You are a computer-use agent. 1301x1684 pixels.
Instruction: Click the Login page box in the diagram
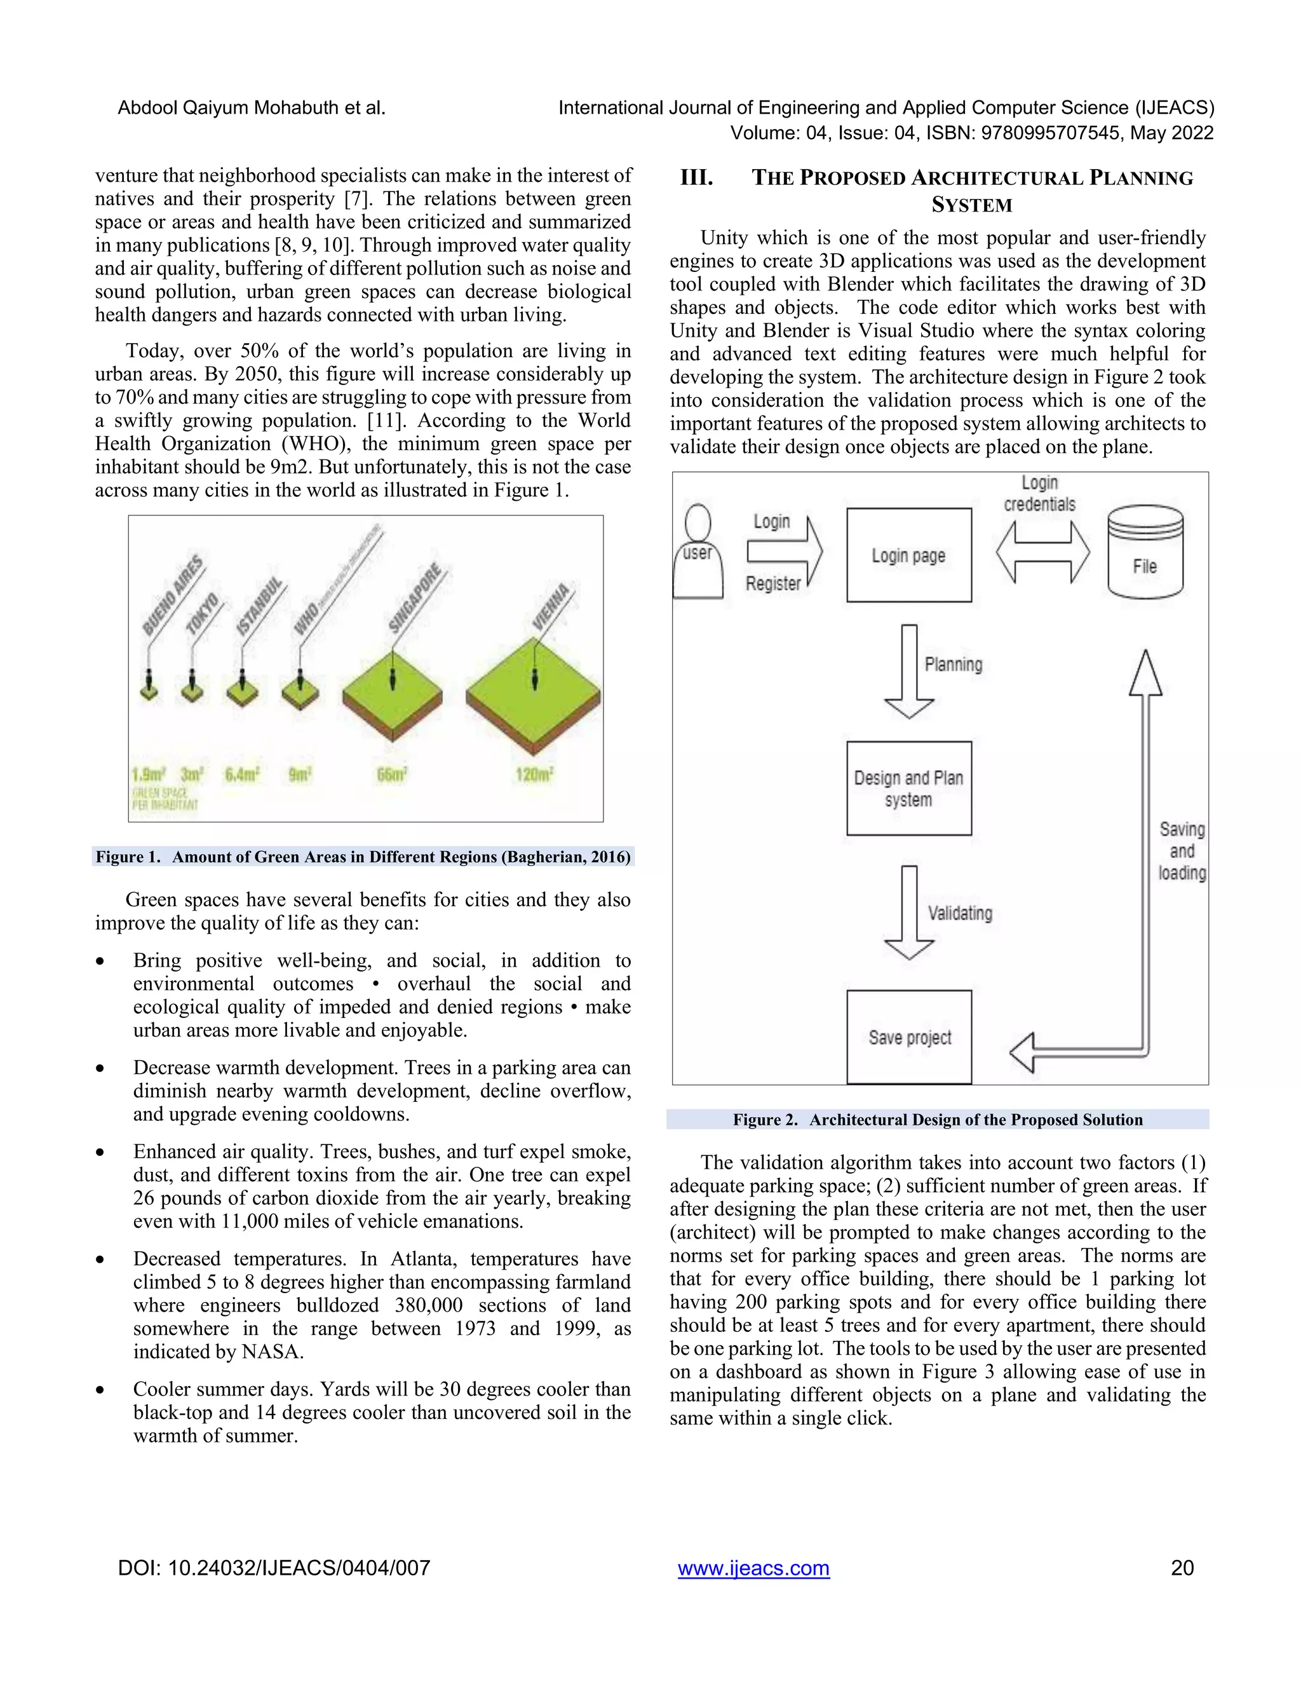(x=908, y=555)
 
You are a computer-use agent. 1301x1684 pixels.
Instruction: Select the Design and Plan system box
(x=908, y=788)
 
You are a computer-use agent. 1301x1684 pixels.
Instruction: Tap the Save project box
(x=908, y=1037)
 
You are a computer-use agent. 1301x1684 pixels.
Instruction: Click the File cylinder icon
(x=1145, y=553)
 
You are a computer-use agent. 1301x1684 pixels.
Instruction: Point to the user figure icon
(x=698, y=552)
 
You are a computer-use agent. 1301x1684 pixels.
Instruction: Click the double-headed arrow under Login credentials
(x=1043, y=552)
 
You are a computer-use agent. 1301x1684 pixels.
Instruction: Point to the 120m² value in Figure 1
(x=534, y=773)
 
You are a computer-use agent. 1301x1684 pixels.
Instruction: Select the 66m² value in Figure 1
(x=391, y=774)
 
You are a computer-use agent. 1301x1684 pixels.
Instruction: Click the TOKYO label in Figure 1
(x=203, y=613)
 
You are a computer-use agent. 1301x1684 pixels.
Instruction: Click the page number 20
(x=1182, y=1568)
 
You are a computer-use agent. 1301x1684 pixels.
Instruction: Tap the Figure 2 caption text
(x=937, y=1120)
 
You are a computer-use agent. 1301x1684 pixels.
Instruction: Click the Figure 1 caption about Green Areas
(x=363, y=857)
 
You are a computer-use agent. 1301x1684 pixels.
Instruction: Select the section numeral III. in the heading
(x=696, y=178)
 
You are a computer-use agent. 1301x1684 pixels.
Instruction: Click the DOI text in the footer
(x=274, y=1568)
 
